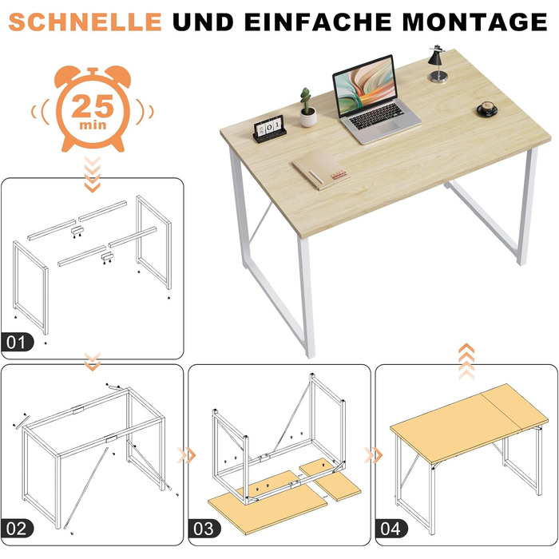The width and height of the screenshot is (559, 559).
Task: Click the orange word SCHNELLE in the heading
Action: [85, 22]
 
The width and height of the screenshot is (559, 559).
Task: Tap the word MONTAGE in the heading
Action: [474, 22]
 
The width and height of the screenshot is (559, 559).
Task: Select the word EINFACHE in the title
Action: [319, 22]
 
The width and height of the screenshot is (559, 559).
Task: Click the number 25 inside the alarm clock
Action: [93, 106]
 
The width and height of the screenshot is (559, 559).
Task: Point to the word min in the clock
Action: [93, 125]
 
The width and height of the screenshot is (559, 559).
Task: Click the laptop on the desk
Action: [375, 100]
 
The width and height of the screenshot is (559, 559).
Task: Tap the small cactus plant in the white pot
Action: [307, 108]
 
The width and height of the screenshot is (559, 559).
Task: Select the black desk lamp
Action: [438, 64]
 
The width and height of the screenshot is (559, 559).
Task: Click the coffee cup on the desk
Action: [487, 109]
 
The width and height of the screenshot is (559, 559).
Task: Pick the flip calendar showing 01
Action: [270, 129]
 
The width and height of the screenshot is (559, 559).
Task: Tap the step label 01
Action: [17, 343]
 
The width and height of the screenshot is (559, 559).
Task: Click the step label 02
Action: [17, 529]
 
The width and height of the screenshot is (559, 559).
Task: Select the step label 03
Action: [204, 529]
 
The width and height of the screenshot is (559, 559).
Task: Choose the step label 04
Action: [391, 529]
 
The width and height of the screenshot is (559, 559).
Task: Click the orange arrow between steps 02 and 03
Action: [187, 455]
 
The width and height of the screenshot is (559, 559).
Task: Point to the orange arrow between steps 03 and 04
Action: [373, 455]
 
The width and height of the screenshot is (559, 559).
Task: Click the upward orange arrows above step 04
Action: [466, 361]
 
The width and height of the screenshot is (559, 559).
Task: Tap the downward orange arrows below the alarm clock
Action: [93, 174]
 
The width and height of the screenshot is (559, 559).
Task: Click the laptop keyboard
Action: [376, 116]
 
